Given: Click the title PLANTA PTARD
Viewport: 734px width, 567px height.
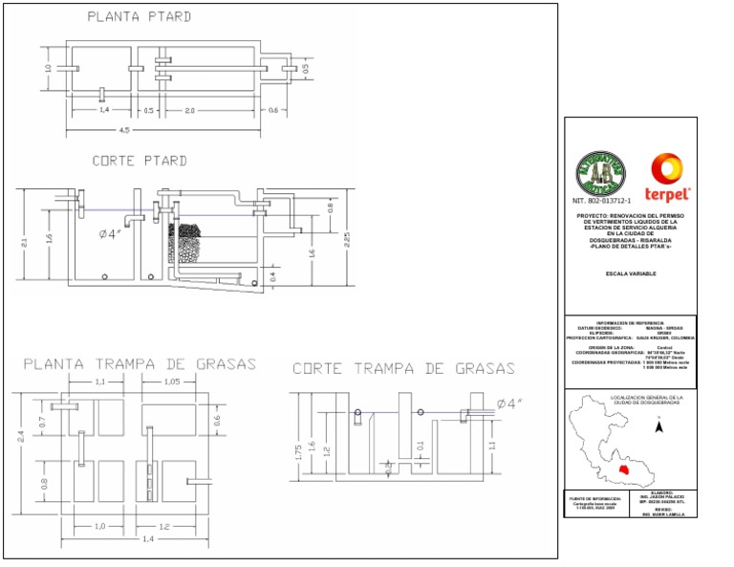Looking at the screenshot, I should coord(140,16).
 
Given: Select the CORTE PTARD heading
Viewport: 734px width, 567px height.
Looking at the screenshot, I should coord(140,161).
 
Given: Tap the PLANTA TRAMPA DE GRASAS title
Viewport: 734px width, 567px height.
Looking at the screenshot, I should coord(140,364).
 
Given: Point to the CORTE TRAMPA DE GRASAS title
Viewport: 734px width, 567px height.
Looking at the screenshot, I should coord(403,368).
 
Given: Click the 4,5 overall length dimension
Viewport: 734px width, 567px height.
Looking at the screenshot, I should coord(125,129).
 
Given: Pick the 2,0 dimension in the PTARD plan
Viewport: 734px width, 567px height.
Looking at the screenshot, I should coord(190,111).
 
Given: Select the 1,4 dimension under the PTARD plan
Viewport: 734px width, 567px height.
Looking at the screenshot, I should coord(103,111).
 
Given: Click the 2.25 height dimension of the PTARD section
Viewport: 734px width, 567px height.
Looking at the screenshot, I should coord(348,238).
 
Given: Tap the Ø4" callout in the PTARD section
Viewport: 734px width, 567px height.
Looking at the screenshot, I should coord(113,233).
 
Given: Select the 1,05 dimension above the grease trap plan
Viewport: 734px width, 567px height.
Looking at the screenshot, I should coord(173,382).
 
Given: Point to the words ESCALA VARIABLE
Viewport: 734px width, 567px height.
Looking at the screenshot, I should coord(631,273).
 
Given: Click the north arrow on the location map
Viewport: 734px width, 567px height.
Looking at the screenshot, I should coord(658,428).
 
